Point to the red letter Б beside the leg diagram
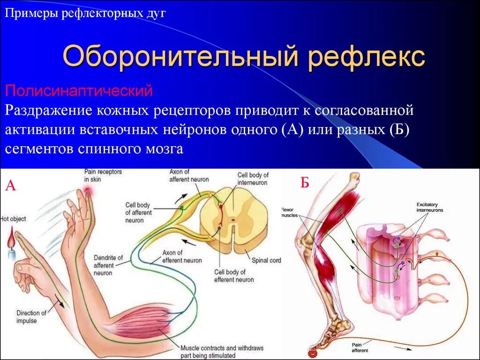(305, 183)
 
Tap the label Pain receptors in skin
(103, 175)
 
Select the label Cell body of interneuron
(253, 179)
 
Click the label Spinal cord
(266, 260)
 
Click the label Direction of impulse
(31, 316)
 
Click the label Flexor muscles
(292, 212)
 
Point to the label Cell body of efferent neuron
(234, 276)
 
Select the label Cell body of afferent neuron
(139, 212)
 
